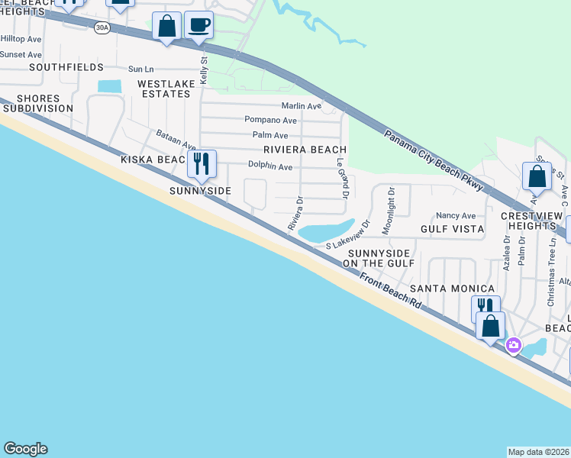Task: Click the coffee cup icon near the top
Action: coord(198,24)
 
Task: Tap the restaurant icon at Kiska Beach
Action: coord(202,163)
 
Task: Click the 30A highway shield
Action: coord(102,27)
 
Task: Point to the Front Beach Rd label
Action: coord(390,291)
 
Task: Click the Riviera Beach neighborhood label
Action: coord(305,150)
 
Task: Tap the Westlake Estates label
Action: coord(163,88)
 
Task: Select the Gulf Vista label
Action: coord(452,228)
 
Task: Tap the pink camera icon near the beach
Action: coord(513,346)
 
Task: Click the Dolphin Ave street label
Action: coord(270,166)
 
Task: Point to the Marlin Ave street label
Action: coord(301,106)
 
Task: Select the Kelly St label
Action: coord(204,69)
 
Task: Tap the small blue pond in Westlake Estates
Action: coord(109,86)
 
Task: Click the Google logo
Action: coord(25,449)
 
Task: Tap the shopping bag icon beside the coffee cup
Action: coord(166,27)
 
